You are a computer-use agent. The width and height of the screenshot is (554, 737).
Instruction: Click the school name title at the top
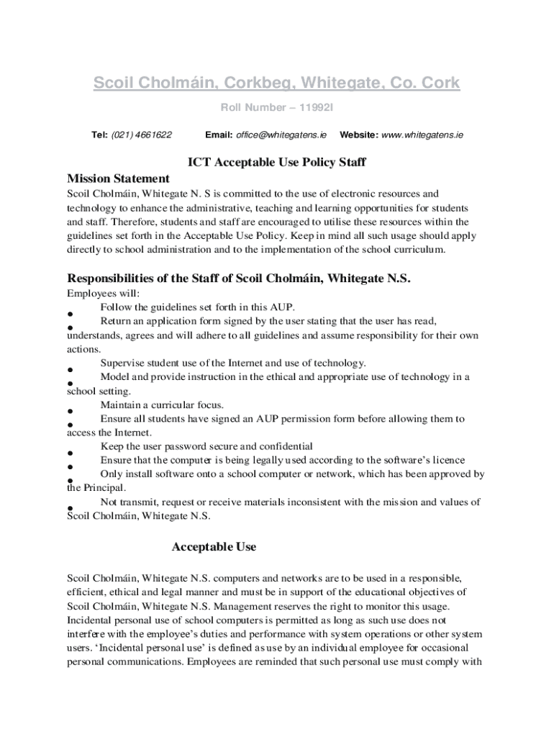pos(276,84)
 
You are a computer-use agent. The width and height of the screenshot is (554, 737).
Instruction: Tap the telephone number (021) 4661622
pos(142,135)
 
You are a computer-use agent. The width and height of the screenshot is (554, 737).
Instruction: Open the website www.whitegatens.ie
pos(422,135)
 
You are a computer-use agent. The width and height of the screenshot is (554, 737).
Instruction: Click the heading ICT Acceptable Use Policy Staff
pos(276,162)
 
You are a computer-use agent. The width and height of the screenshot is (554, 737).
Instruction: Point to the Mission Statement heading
pos(118,178)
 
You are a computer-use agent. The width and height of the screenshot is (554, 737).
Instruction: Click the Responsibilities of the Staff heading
pos(238,279)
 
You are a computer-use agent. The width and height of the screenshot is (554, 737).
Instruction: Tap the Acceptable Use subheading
pos(214,547)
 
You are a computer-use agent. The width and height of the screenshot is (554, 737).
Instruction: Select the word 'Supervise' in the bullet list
pos(123,363)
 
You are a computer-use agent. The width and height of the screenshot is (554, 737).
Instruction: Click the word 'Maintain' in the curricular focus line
pos(121,404)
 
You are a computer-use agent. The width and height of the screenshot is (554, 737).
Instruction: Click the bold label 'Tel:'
pos(99,135)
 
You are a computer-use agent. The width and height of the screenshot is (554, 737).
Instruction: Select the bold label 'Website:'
pos(358,135)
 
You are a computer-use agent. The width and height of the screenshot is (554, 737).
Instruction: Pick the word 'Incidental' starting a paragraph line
pos(91,620)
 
